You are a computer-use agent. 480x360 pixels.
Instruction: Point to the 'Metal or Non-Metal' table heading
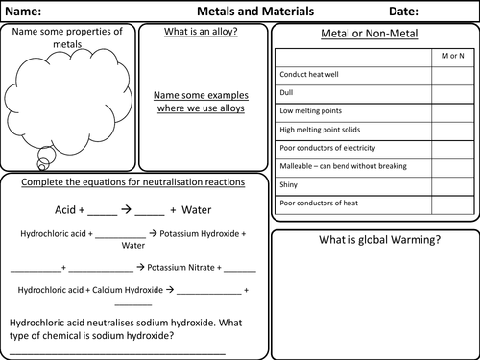coord(374,36)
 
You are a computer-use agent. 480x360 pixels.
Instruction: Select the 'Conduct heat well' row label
coord(309,75)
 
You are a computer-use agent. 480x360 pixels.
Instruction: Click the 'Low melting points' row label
coord(311,111)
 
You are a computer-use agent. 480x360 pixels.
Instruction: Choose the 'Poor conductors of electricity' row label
coord(330,148)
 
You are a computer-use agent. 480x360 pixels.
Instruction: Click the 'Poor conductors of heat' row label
coord(318,203)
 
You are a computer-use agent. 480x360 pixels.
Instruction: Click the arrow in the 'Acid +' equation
coord(126,207)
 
